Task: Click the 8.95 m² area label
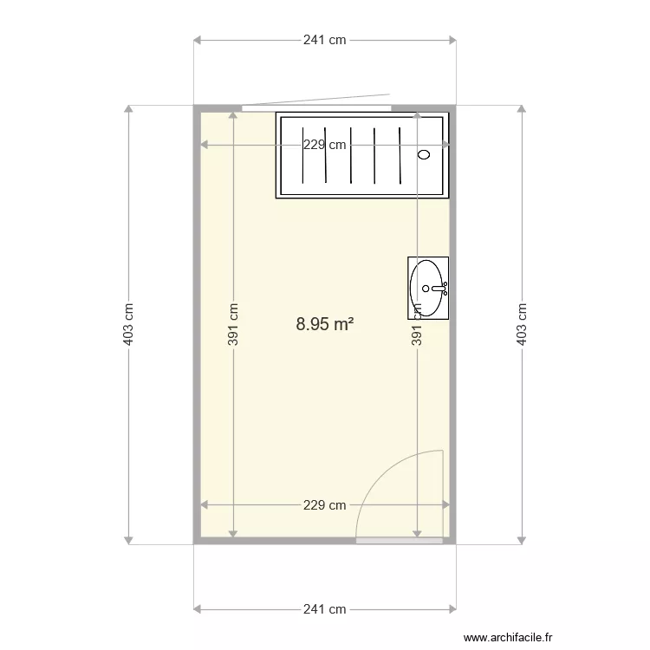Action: (x=324, y=324)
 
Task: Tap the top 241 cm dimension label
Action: (x=325, y=40)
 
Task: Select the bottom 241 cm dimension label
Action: (x=325, y=609)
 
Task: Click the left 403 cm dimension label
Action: (x=128, y=324)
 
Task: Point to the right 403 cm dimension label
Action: (x=522, y=324)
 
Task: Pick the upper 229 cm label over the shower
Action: (x=325, y=145)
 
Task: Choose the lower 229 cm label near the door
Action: (x=325, y=505)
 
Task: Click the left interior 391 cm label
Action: (x=233, y=324)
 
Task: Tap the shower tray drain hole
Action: (x=424, y=155)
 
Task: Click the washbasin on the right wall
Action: (x=429, y=287)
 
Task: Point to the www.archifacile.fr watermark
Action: (x=508, y=636)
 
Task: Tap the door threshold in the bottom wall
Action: (x=400, y=540)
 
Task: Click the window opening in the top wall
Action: (x=316, y=107)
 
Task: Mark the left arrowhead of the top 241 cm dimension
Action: (x=197, y=40)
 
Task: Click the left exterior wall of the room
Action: (x=196, y=324)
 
